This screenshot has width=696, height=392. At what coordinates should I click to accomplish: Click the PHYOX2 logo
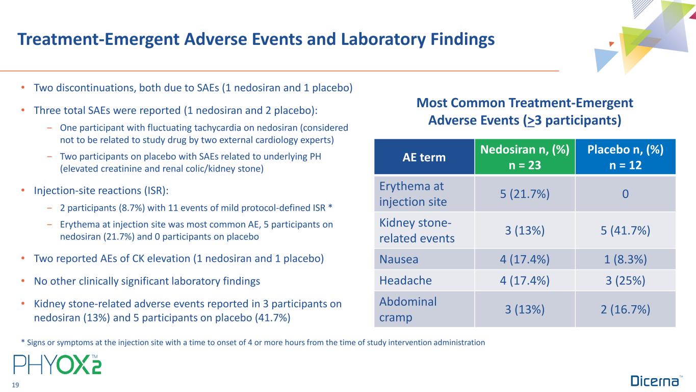coord(57,364)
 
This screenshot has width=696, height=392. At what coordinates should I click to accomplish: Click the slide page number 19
coord(15,385)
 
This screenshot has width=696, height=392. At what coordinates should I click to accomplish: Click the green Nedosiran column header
coord(525,158)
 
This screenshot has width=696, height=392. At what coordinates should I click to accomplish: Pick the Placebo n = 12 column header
coord(625,158)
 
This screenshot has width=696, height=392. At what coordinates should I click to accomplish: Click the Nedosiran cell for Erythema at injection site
coord(525,194)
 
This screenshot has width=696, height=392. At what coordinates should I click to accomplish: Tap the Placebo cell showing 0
coord(625,194)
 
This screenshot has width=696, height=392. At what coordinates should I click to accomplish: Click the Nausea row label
coord(399,259)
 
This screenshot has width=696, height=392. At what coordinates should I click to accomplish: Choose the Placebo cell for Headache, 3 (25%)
coord(625,280)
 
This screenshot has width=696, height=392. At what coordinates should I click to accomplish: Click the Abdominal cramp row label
coord(408,309)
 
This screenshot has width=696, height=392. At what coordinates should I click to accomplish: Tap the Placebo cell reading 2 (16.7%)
coord(625,309)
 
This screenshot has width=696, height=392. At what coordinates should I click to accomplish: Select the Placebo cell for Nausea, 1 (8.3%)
coord(625,259)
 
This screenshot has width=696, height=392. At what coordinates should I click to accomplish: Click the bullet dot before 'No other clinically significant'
coord(23,281)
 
